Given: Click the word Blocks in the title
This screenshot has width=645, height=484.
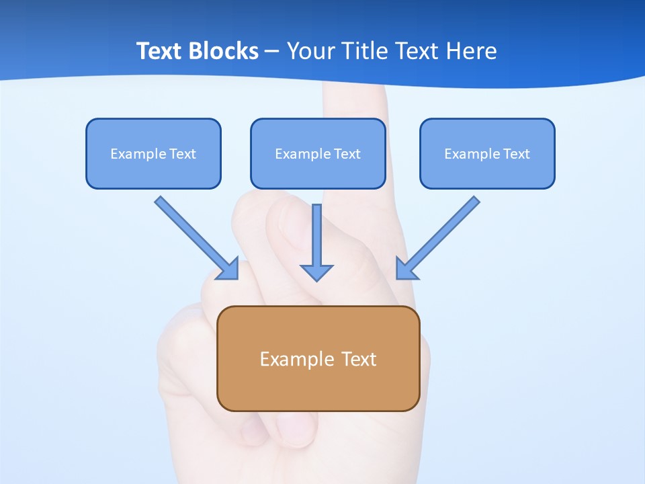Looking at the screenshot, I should [x=224, y=51].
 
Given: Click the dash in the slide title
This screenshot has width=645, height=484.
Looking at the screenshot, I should [x=272, y=52].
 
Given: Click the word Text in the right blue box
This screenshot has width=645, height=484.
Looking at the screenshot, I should [x=516, y=154].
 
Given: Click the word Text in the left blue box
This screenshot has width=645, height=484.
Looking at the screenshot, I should [x=182, y=154].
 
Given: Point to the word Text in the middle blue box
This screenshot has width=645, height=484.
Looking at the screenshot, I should [x=347, y=154].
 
